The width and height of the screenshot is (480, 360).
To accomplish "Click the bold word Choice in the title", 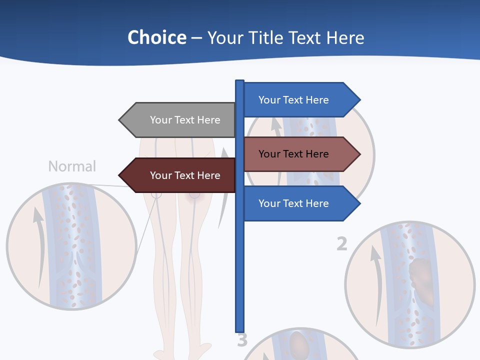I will pos(157,37).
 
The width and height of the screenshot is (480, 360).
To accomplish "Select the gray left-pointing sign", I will pos(180,120).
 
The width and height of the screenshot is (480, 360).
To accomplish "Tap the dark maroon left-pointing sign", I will pos(180,175).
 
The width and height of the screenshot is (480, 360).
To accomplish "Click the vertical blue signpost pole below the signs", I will pos(240,275).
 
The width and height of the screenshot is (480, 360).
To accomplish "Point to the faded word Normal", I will pos(72,166).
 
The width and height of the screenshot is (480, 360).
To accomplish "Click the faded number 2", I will pos(341,244).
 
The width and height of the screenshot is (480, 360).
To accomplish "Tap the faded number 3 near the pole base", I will pos(242,340).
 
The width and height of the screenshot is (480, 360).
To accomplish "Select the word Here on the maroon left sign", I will pos(208,175).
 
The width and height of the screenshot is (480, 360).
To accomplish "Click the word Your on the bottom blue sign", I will pos(269,203).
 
